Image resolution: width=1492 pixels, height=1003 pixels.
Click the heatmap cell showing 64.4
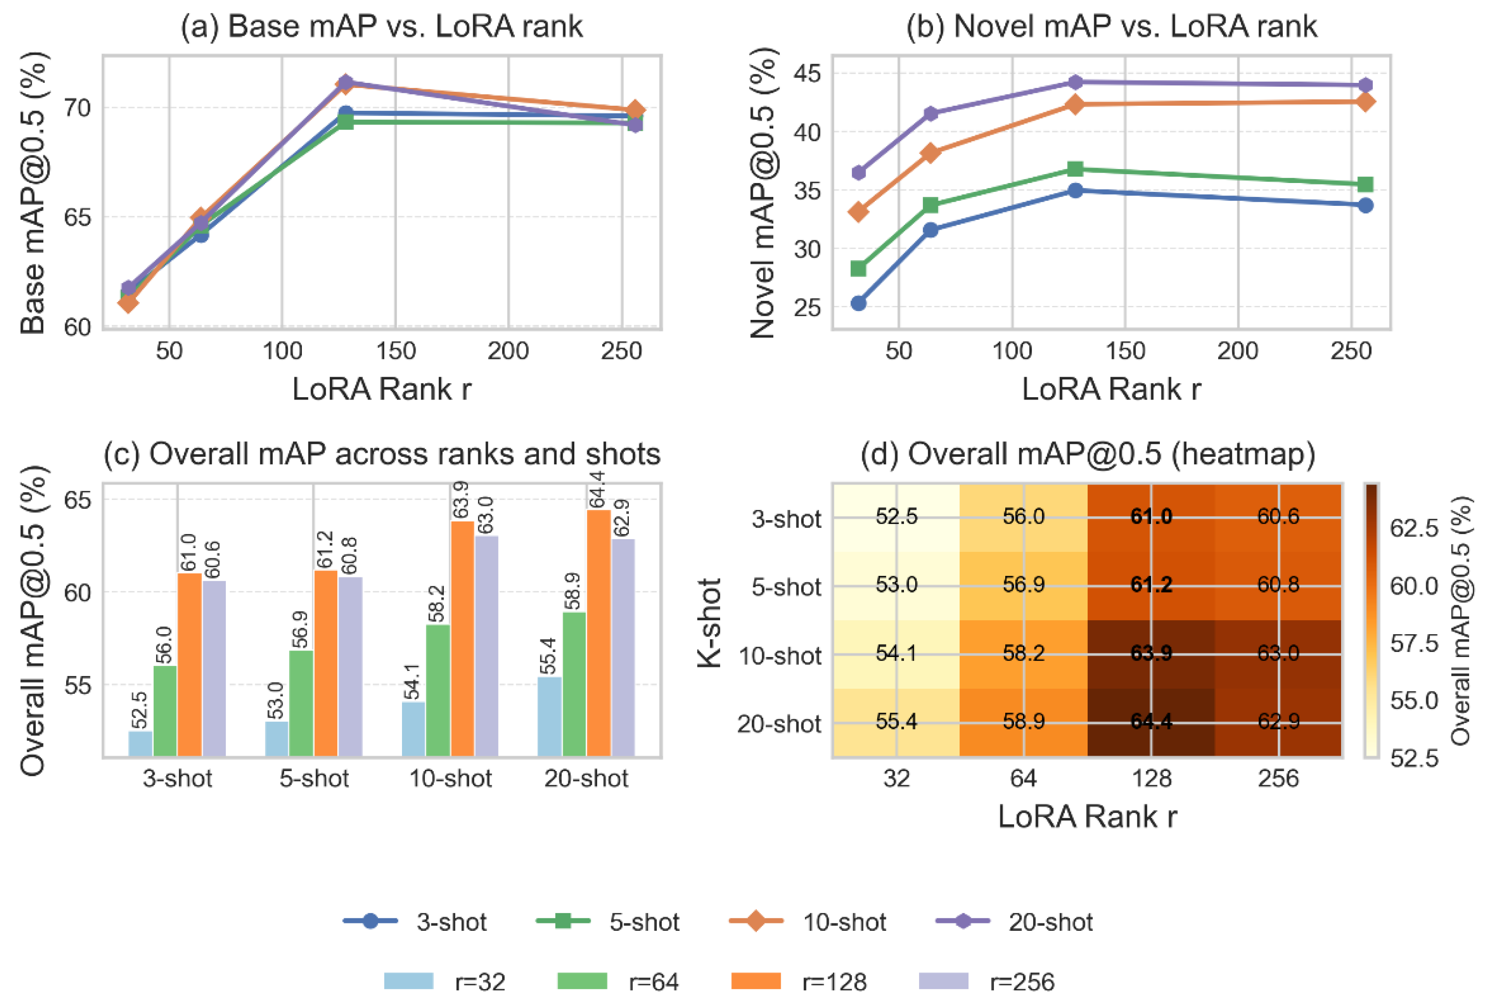click(1151, 722)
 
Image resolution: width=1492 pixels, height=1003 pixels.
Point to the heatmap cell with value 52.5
click(896, 517)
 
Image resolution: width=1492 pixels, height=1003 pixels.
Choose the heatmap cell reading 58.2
click(1023, 654)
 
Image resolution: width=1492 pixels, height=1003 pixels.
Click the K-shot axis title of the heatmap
click(709, 623)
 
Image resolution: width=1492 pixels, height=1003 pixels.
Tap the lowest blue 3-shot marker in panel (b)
click(858, 303)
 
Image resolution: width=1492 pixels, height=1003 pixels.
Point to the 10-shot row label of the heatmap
click(779, 656)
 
